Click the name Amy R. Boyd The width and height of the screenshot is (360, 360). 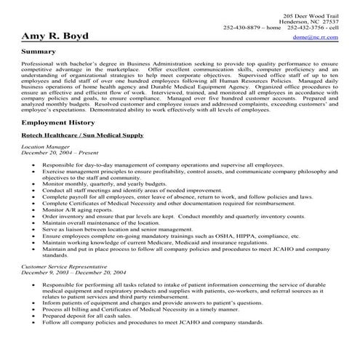54,36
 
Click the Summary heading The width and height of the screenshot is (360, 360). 41,52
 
